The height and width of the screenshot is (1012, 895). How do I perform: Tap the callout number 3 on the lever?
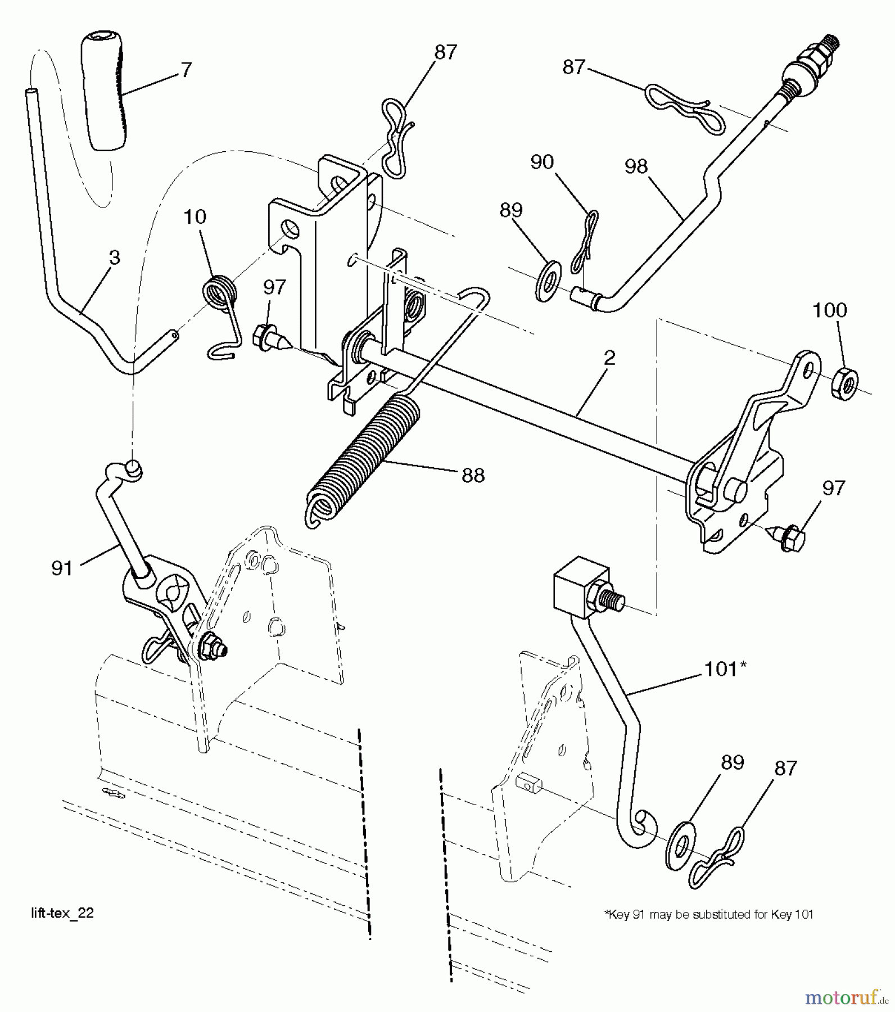pyautogui.click(x=114, y=258)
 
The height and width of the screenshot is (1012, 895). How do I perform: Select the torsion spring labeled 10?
pyautogui.click(x=220, y=294)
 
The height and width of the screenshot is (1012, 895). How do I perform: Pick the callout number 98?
pyautogui.click(x=636, y=166)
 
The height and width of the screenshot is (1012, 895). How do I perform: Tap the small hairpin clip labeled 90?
pyautogui.click(x=585, y=242)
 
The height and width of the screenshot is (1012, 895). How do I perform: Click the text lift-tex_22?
pyautogui.click(x=62, y=914)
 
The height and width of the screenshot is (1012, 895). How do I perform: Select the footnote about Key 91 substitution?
pyautogui.click(x=708, y=915)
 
